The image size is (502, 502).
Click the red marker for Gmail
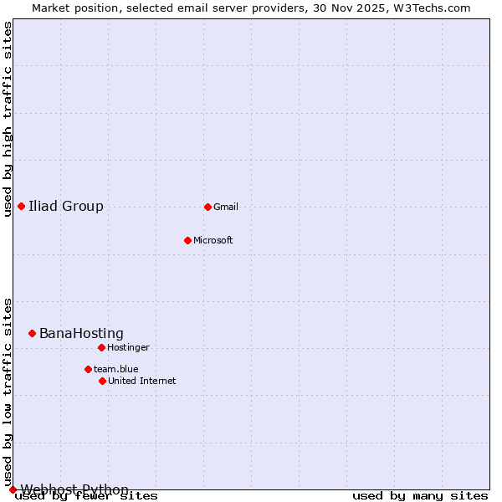coord(207,207)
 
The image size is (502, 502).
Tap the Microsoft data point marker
coord(187,240)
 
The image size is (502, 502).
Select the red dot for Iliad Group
coord(21,206)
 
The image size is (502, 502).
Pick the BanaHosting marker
coord(32,333)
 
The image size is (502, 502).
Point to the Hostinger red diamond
coord(101,347)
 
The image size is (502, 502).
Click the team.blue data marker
coord(88,369)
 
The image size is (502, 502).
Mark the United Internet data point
coord(102,381)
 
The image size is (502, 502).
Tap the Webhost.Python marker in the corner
coord(13,489)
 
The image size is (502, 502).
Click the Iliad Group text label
coord(66,207)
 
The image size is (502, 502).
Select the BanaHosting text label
coord(81,334)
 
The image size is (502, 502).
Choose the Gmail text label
coord(226,207)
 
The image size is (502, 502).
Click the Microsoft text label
coord(213,241)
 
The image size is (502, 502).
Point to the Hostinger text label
coord(128,348)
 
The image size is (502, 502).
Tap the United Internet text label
coord(142,382)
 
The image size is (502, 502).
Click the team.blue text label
coord(116,370)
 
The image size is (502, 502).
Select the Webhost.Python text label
coord(74,489)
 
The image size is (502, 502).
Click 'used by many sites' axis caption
coord(420,496)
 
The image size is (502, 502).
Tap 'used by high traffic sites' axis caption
coord(8,119)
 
